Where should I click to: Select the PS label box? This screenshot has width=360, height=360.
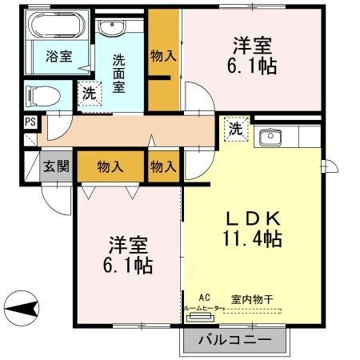point(30,122)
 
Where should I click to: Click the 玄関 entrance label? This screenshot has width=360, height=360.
point(55,168)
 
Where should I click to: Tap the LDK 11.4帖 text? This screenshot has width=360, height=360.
point(250,228)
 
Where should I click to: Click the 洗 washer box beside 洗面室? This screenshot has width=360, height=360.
point(90,93)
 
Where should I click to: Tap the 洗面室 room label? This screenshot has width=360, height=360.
point(119,73)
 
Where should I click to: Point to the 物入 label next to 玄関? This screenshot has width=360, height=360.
point(110,166)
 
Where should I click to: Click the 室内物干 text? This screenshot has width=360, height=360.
point(252,299)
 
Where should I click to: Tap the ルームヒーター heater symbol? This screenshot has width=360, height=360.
point(198,316)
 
